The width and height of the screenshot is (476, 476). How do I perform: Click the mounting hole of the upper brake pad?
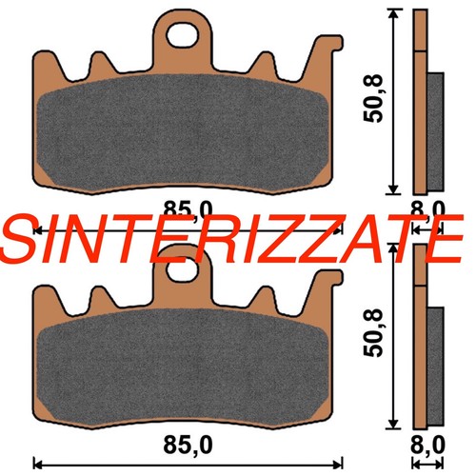point(183,35)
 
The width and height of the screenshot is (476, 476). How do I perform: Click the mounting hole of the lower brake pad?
point(183,269)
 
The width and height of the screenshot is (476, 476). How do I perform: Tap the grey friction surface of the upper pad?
point(183,132)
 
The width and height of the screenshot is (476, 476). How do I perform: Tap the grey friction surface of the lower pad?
point(183,367)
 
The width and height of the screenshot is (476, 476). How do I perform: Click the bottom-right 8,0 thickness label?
point(427,445)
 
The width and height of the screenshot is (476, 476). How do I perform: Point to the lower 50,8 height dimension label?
point(373,333)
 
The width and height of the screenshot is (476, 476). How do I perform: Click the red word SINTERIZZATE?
point(231,240)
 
